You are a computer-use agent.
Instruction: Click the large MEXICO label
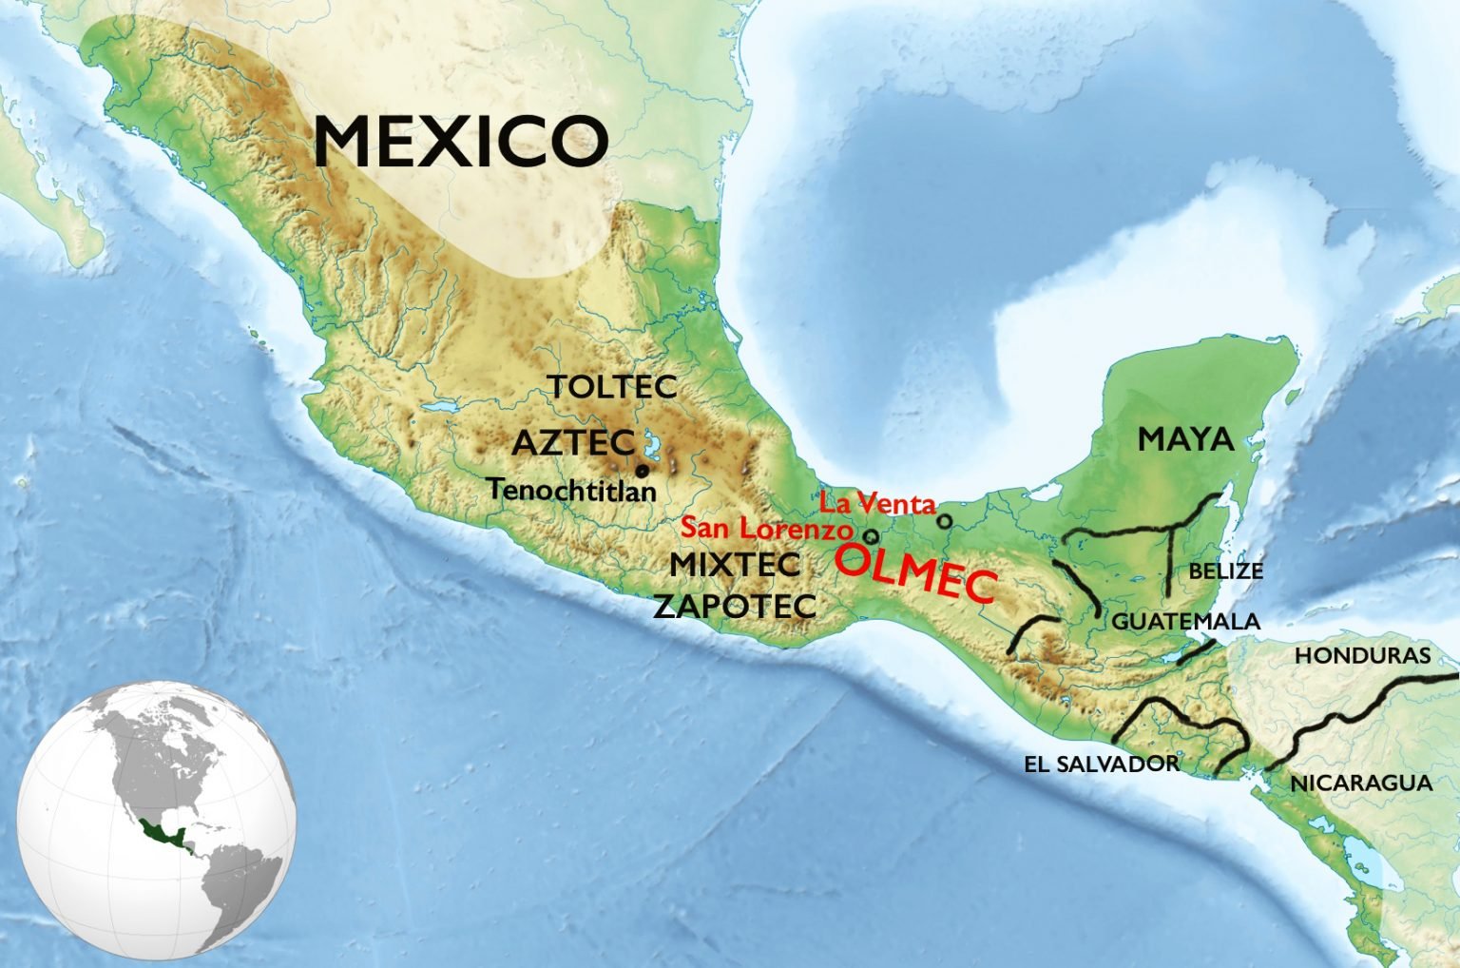pos(461,142)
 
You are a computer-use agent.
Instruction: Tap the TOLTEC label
pos(611,387)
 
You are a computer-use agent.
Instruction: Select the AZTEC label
pos(573,442)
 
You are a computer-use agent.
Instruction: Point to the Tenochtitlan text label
pos(571,490)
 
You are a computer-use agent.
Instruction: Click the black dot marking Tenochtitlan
pos(643,471)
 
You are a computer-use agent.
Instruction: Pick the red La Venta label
pos(877,503)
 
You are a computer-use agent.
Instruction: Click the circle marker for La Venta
pos(944,521)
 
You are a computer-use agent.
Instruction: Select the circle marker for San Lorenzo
pos(871,536)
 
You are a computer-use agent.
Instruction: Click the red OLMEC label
pos(915,572)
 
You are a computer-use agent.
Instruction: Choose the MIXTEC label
pos(735,564)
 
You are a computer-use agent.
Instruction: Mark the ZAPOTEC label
pos(735,606)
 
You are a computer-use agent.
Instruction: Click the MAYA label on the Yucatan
pos(1185,439)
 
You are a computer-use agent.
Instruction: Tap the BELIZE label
pos(1225,571)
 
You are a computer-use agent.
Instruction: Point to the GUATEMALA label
pos(1185,622)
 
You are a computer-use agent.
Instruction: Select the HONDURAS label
pos(1361,655)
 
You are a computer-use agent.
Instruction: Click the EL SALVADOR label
pos(1101,764)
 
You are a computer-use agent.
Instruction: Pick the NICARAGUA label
pos(1360,784)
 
